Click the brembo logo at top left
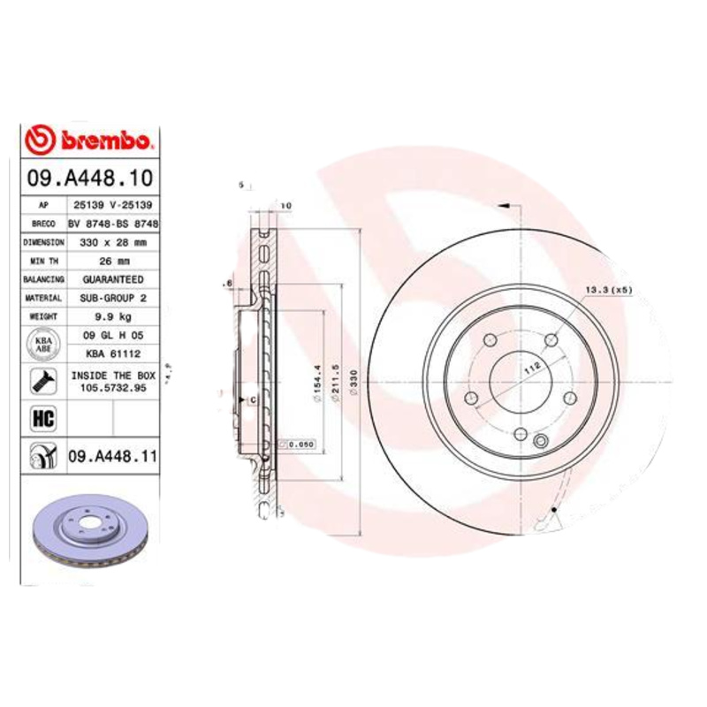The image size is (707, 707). tap(90, 138)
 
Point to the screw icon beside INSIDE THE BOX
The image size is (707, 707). tap(42, 381)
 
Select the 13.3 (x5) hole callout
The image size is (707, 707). tap(607, 290)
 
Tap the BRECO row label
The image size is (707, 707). tap(42, 223)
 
